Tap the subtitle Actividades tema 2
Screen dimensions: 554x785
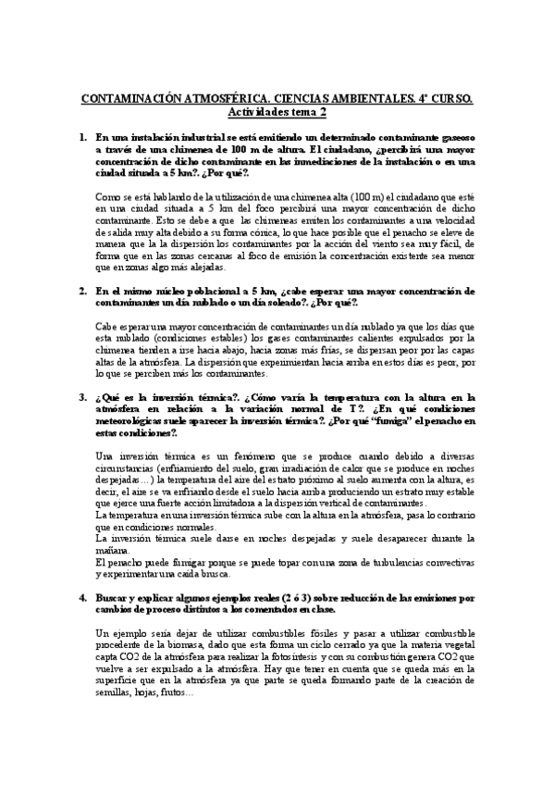coord(277,113)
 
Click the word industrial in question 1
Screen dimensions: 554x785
coord(197,137)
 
